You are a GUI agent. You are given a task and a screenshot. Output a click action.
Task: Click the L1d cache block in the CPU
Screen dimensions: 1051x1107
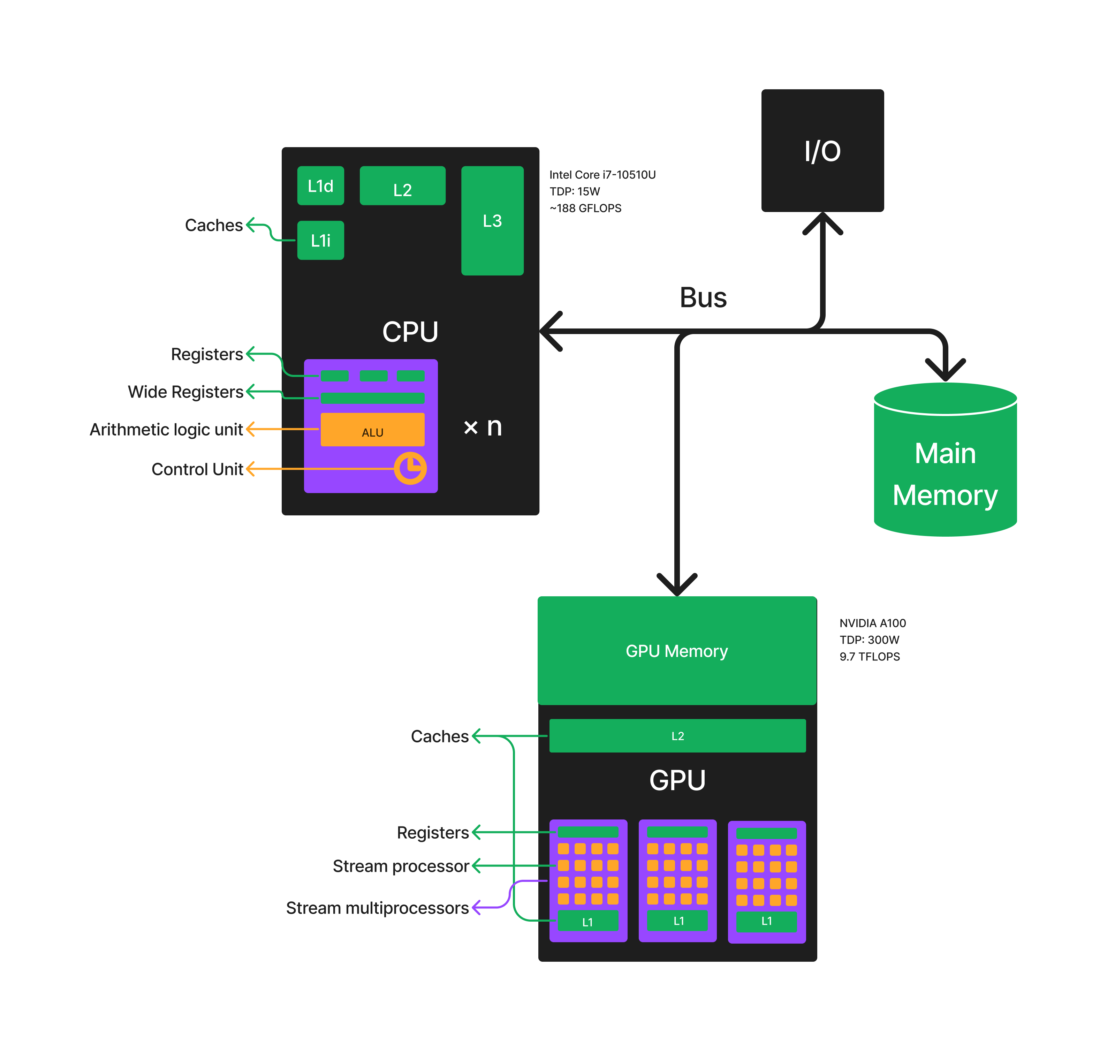(320, 186)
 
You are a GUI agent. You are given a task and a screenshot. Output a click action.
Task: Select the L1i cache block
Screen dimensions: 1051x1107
(320, 240)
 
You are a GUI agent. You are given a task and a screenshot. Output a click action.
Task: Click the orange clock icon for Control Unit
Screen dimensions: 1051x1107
(410, 468)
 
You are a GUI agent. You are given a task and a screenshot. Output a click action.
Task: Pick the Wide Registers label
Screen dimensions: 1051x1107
(185, 392)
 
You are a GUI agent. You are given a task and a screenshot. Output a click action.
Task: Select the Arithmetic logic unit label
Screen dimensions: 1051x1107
(166, 429)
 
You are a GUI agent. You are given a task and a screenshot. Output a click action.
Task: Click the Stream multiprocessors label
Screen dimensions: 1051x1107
(377, 908)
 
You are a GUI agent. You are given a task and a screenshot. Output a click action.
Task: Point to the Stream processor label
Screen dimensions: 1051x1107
(401, 866)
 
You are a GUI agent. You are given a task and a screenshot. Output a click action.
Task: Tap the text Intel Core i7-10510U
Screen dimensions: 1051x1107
(602, 175)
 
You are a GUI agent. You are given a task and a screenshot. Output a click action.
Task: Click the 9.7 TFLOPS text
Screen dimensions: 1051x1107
(870, 657)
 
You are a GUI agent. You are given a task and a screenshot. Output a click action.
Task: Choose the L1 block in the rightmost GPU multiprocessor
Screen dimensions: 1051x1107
(766, 921)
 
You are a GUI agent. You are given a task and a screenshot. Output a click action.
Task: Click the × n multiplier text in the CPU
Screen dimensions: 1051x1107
(482, 427)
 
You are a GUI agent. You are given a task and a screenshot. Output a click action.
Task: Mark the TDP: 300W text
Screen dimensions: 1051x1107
(869, 640)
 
